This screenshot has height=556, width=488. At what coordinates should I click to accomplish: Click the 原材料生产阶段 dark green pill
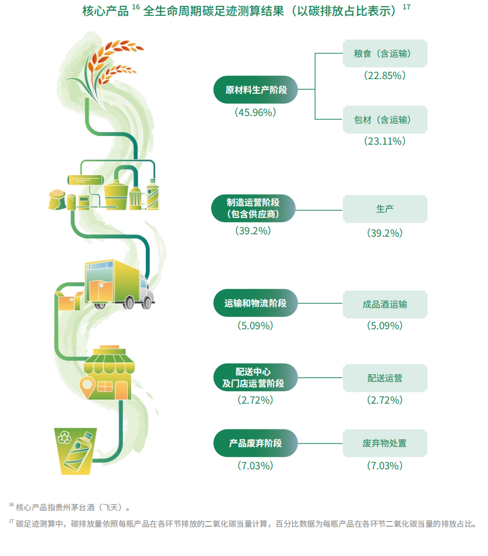255,90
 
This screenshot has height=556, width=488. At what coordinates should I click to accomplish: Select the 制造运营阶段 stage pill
253,209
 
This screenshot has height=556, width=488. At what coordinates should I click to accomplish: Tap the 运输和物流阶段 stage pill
255,303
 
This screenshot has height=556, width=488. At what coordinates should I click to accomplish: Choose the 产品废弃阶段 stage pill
255,444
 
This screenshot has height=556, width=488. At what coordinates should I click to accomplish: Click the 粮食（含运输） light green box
385,53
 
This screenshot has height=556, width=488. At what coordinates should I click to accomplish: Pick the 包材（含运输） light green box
385,120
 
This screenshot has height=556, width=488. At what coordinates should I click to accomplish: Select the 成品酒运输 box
385,304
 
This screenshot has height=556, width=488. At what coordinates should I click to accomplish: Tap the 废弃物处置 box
385,444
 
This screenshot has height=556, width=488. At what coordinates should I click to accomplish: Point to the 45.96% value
255,112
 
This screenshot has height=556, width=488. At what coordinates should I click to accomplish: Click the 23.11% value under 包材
385,141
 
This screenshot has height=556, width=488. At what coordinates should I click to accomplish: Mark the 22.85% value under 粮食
385,76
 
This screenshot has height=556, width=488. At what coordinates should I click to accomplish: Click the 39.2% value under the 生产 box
385,233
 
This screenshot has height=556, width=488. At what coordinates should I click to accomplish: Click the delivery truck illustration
119,284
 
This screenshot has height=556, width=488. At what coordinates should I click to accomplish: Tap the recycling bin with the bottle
75,451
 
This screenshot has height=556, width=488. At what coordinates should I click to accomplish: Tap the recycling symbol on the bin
64,437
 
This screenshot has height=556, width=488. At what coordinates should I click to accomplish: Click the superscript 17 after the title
407,6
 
